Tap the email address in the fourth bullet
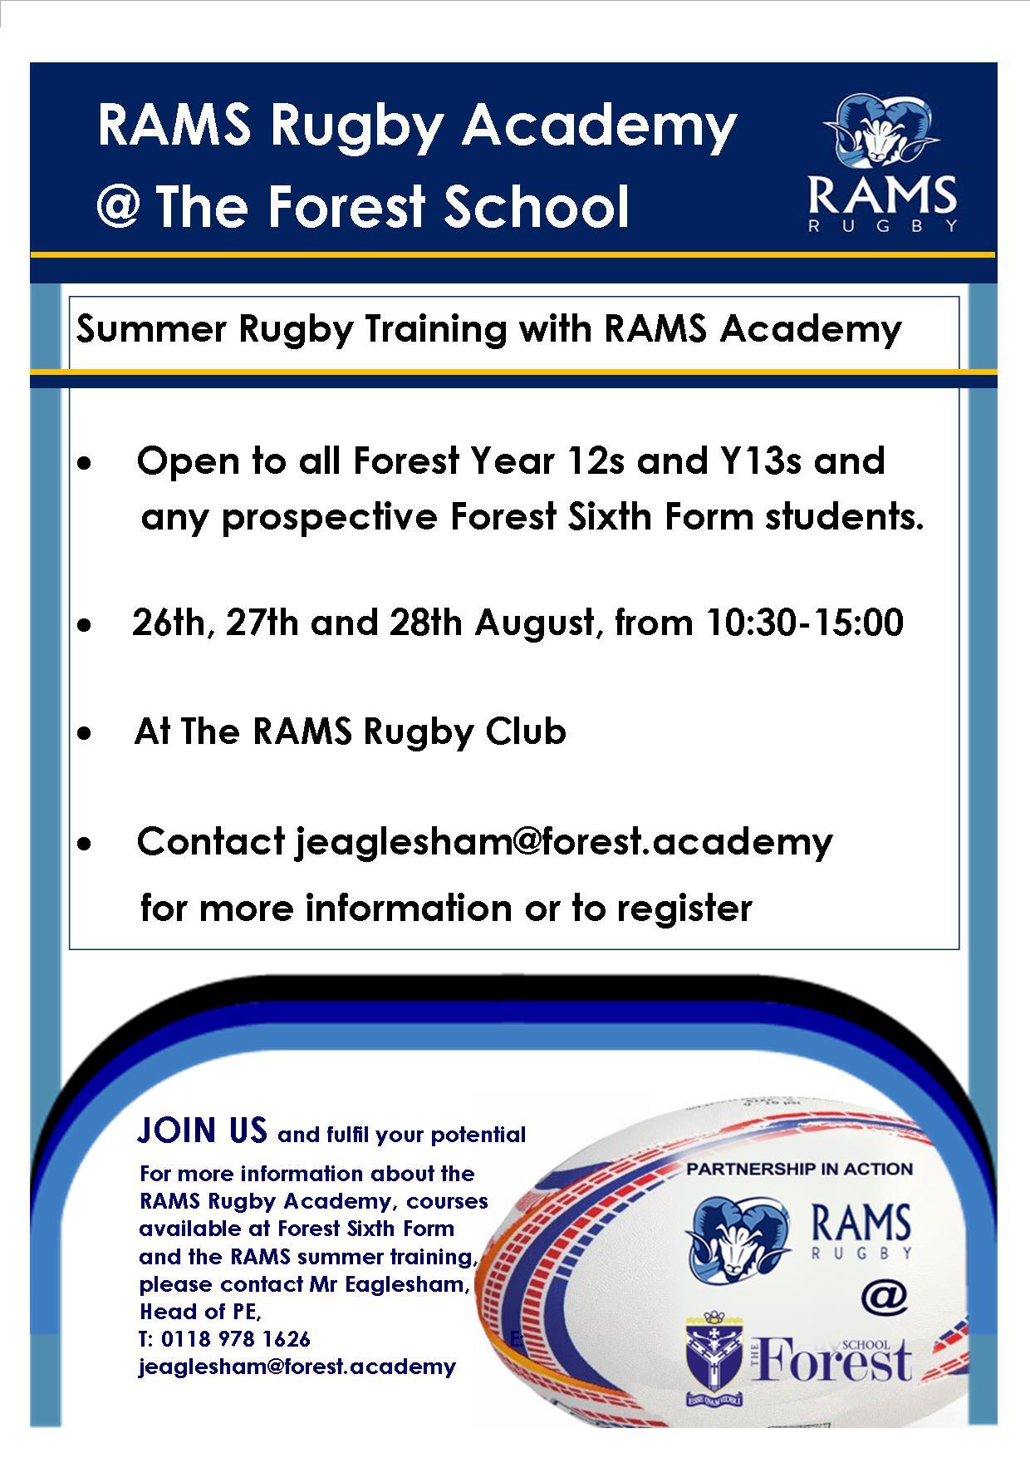click(564, 842)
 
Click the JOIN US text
click(203, 1130)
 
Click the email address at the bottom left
click(297, 1367)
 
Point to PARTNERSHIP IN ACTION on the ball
click(799, 1169)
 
